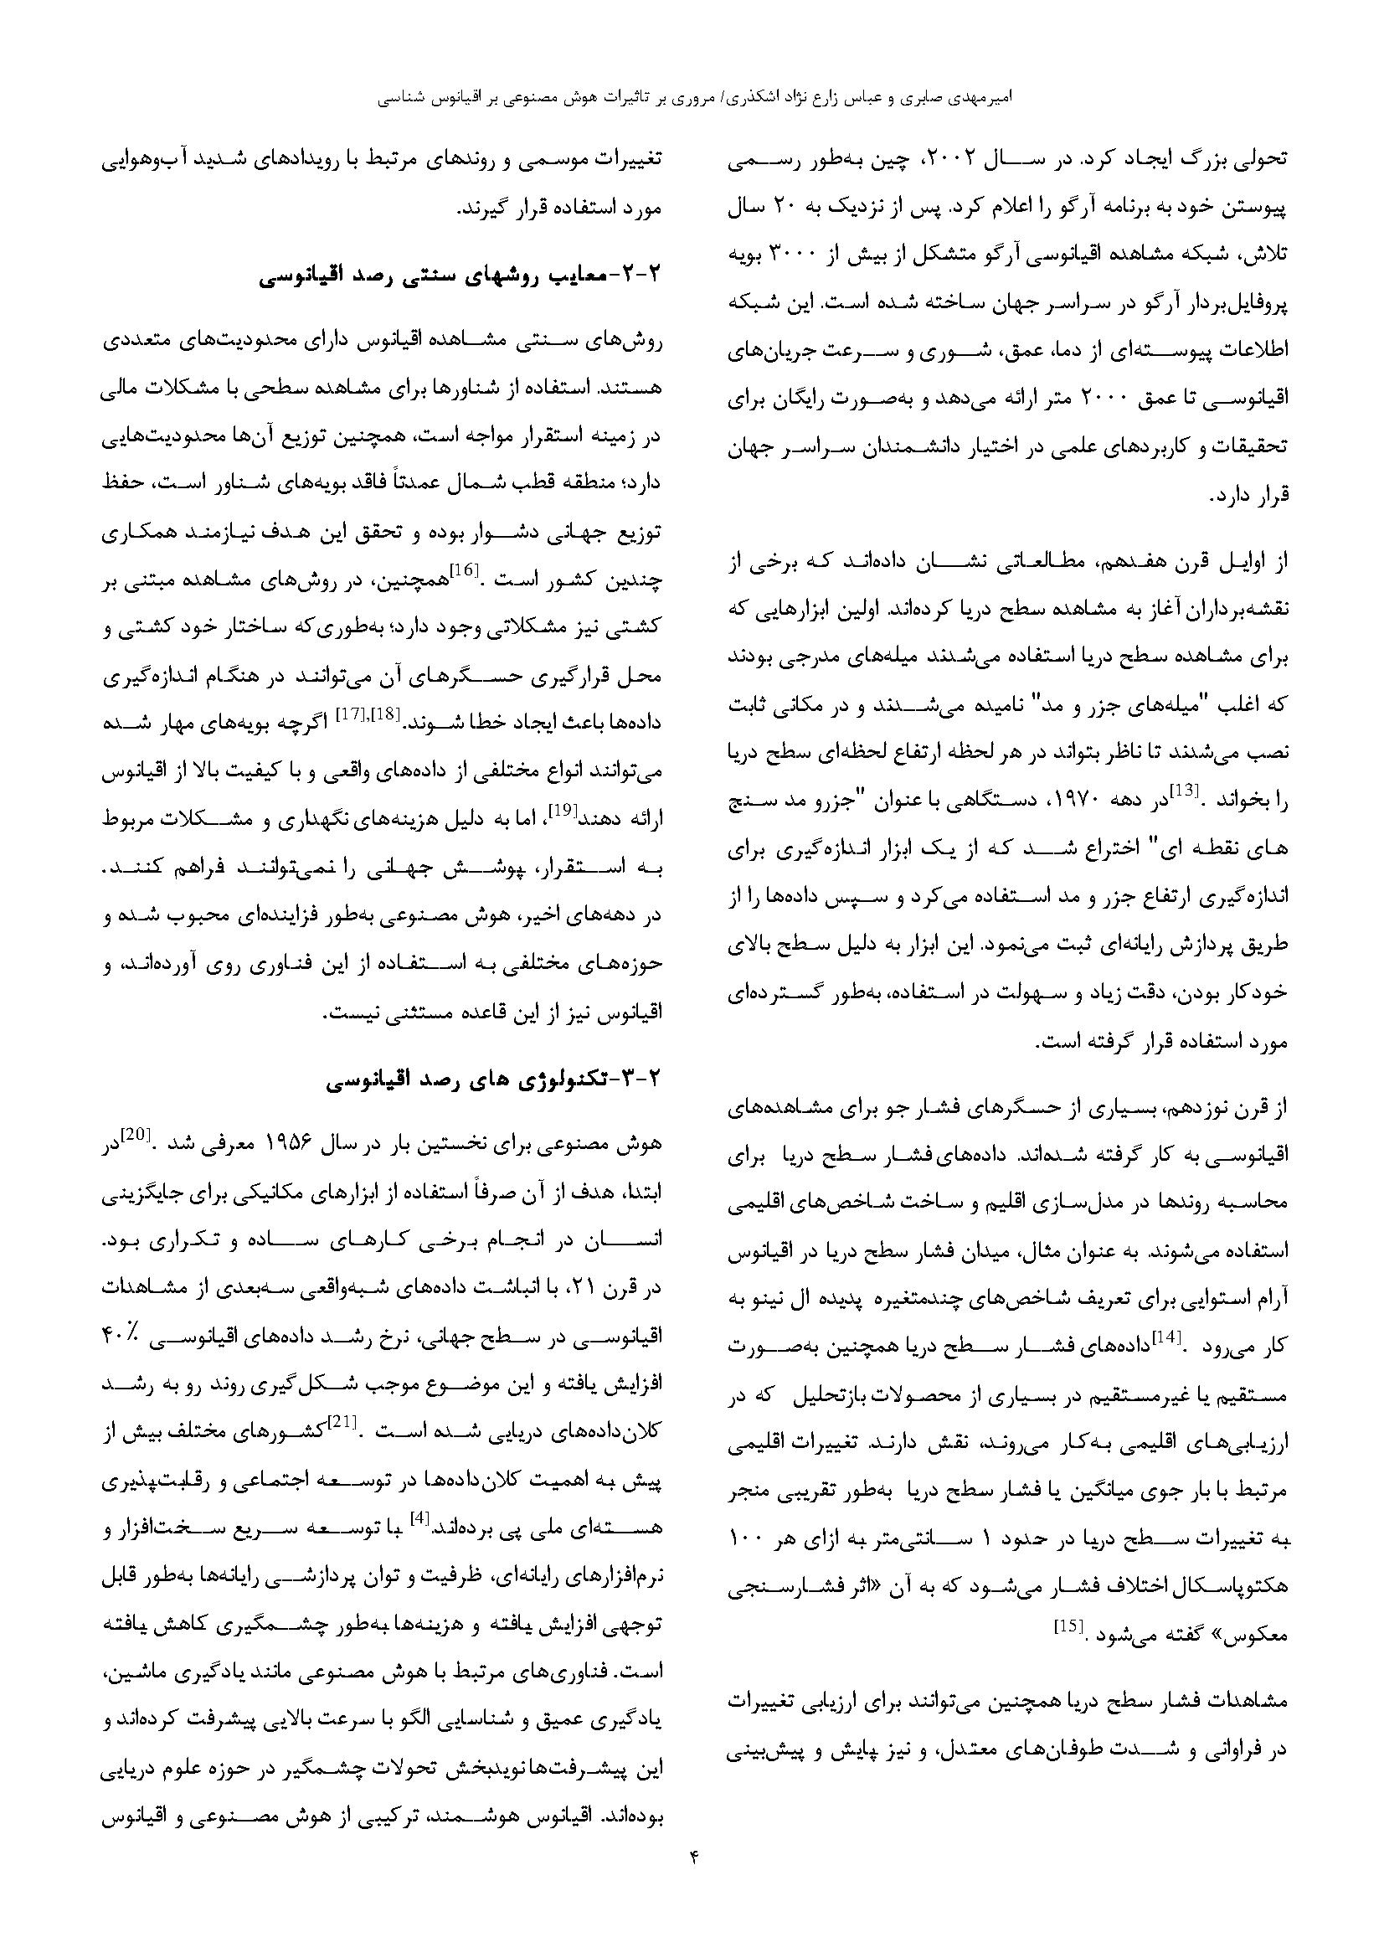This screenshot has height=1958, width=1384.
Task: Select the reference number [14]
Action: coord(1164,1339)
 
